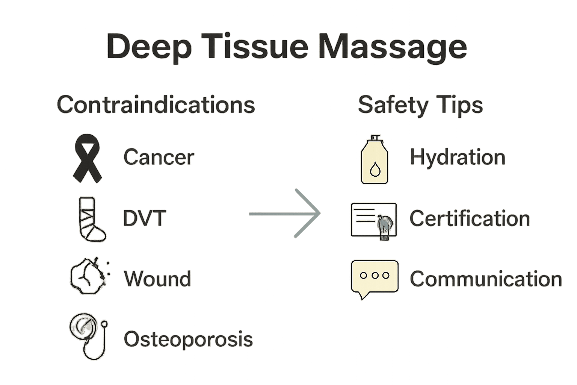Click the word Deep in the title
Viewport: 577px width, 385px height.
pyautogui.click(x=149, y=47)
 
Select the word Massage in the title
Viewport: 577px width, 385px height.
pyautogui.click(x=392, y=47)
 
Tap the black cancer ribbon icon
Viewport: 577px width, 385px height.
pyautogui.click(x=87, y=158)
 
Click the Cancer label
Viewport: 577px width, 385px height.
pyautogui.click(x=159, y=157)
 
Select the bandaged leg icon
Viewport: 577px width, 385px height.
pyautogui.click(x=90, y=219)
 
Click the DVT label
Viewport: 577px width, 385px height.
pyautogui.click(x=144, y=218)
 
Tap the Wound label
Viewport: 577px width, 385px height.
pyautogui.click(x=157, y=279)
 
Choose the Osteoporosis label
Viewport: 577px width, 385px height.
pyautogui.click(x=188, y=339)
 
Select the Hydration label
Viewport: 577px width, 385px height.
pyautogui.click(x=457, y=157)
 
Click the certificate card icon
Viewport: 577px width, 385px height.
pyautogui.click(x=373, y=220)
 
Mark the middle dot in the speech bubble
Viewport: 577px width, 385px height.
pyautogui.click(x=375, y=275)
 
